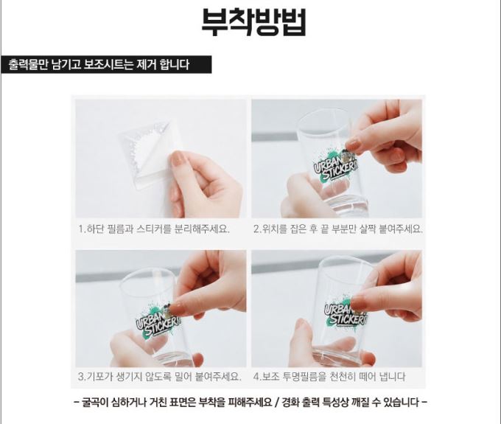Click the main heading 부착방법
(253, 21)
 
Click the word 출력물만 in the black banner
(28, 65)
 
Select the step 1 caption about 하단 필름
(154, 229)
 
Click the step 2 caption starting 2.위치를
(338, 229)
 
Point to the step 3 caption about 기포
(159, 376)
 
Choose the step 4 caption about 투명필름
(329, 376)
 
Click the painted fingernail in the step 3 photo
(178, 309)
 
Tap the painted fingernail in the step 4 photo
(358, 302)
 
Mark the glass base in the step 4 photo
(340, 355)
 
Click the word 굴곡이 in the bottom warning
(94, 402)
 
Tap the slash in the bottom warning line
(277, 402)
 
